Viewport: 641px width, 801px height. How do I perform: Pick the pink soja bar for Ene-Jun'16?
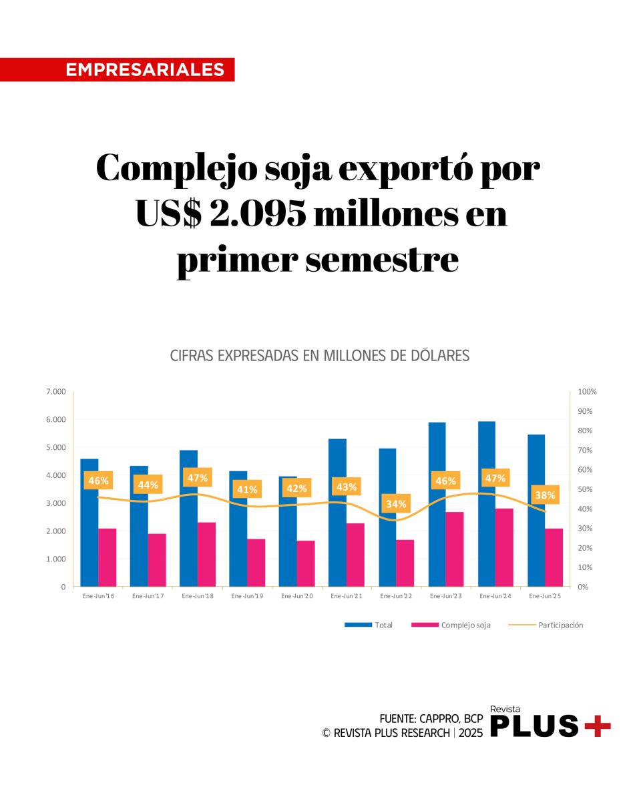point(108,557)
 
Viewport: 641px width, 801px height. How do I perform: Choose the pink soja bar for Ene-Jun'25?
point(554,557)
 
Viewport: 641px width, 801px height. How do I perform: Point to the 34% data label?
point(396,504)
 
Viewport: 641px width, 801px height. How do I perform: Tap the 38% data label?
point(545,495)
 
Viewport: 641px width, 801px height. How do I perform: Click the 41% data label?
point(247,489)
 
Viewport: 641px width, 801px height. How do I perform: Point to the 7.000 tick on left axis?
point(55,392)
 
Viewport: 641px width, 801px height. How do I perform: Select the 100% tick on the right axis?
point(588,392)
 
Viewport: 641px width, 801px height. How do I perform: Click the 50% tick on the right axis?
point(586,489)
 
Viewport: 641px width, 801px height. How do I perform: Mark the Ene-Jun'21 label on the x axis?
point(347,596)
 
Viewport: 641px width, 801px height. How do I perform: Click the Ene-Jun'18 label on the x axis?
point(198,596)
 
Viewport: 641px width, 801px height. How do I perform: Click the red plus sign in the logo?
point(598,725)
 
